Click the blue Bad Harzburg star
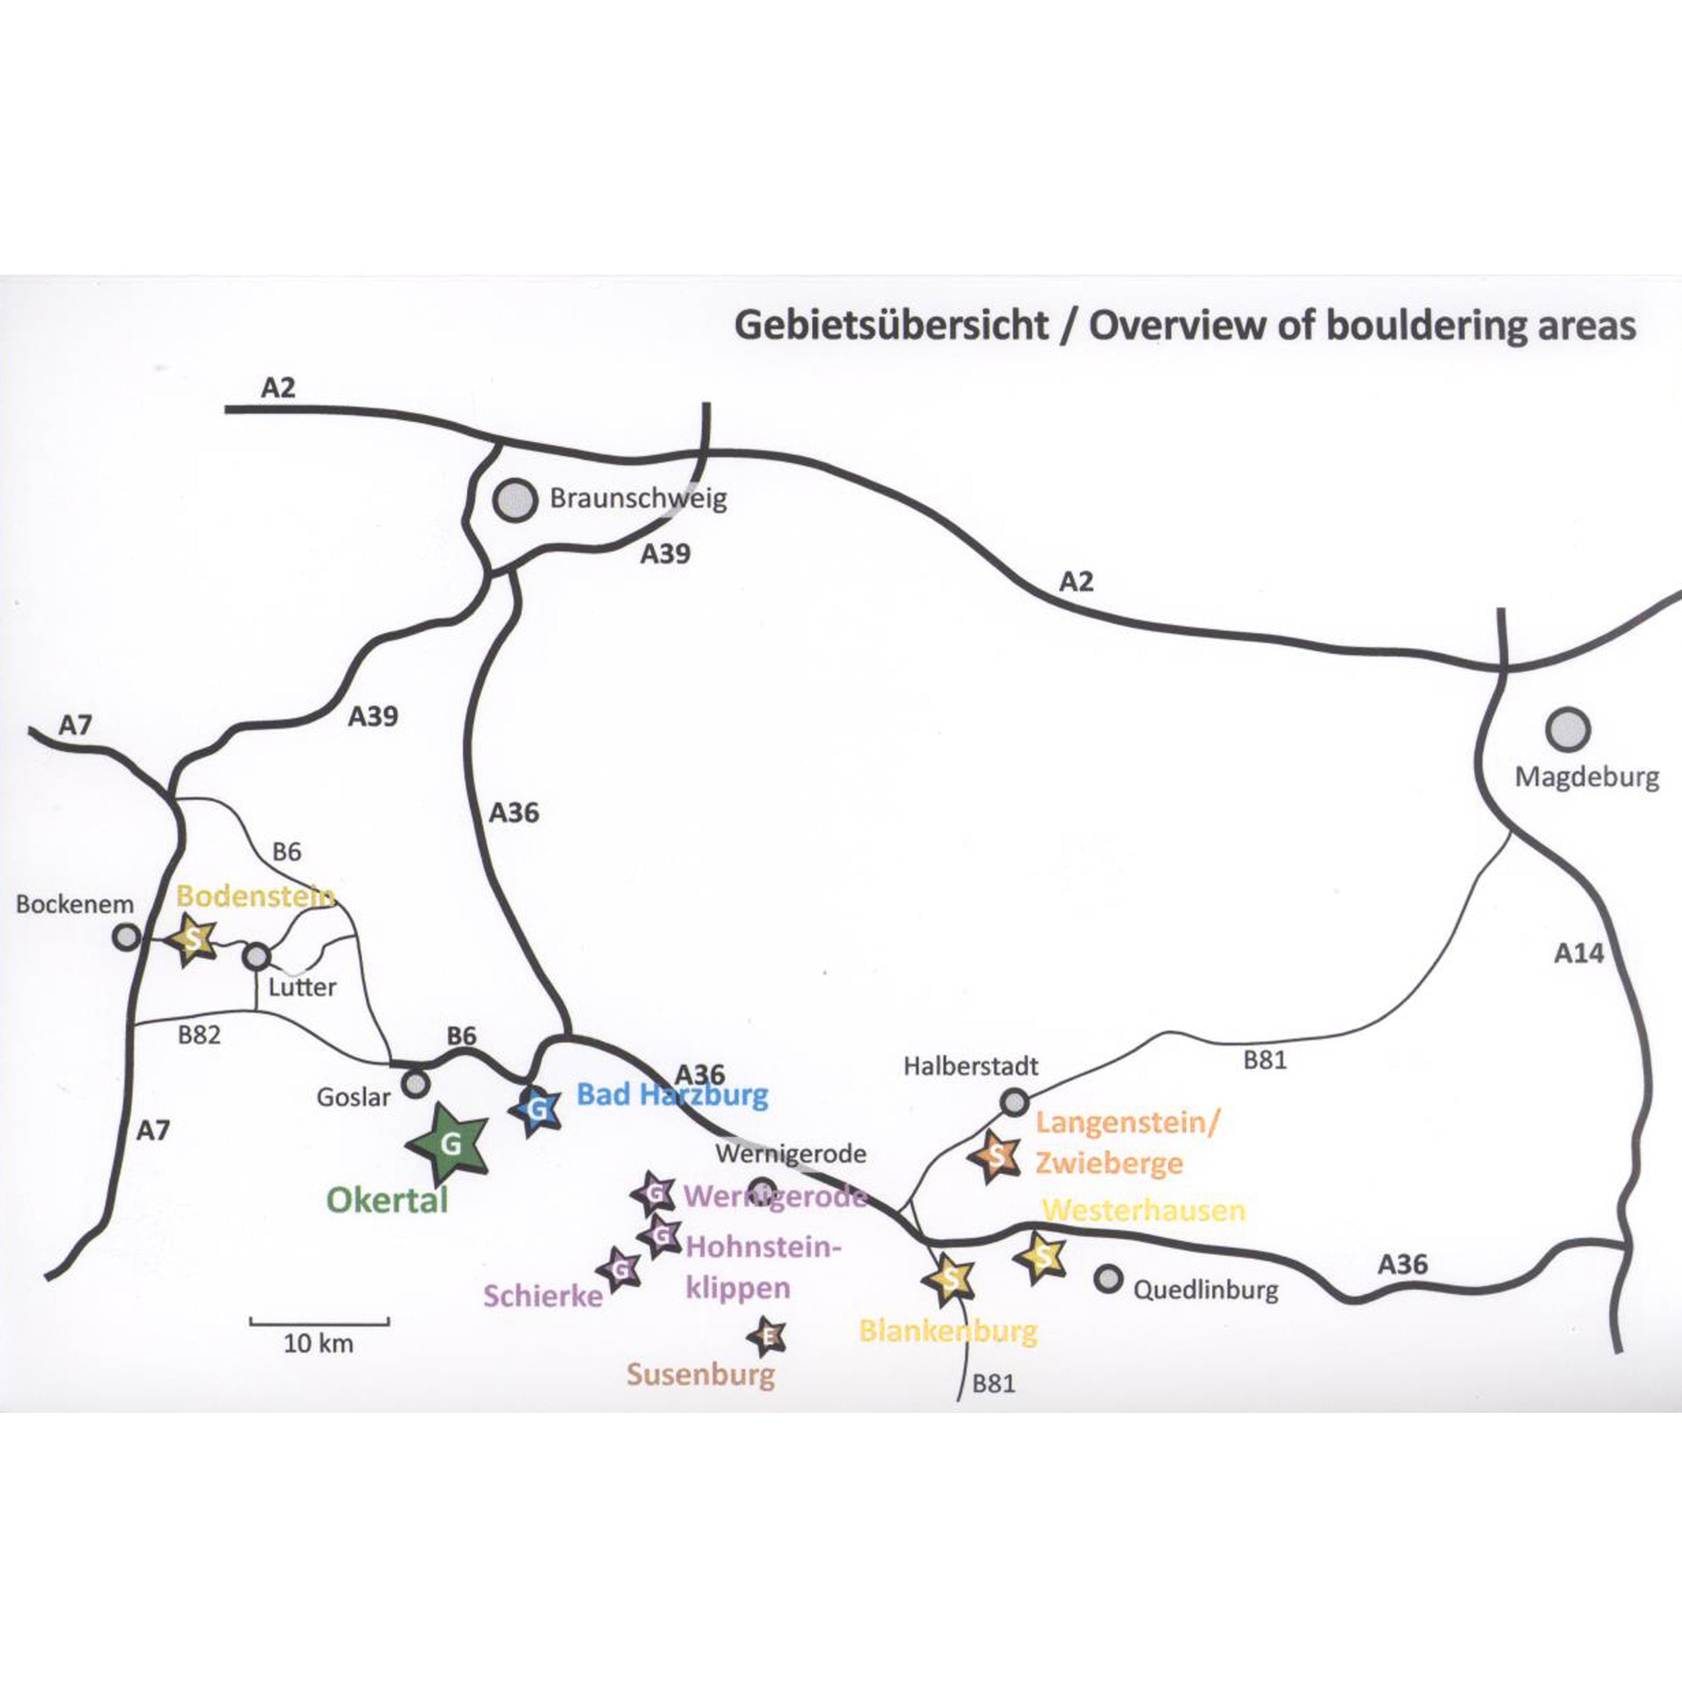click(x=537, y=1110)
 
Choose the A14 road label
click(x=1578, y=953)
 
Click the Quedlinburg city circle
click(x=1107, y=1278)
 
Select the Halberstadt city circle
click(x=1015, y=1101)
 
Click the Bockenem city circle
click(x=127, y=937)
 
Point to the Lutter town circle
click(x=256, y=957)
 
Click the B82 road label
click(x=199, y=1035)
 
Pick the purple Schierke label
click(x=543, y=1296)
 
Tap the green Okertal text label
click(x=388, y=1200)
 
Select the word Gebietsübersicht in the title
click(x=891, y=326)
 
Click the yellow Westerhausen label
click(x=1144, y=1210)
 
